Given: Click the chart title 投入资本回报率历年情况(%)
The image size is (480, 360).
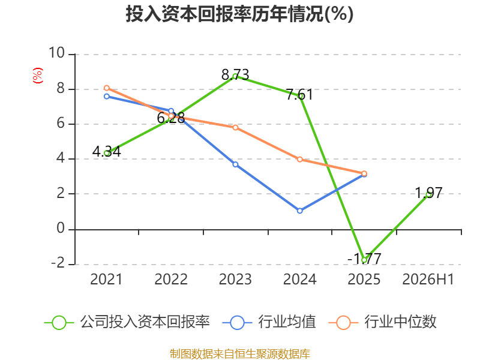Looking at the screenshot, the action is tap(239, 14).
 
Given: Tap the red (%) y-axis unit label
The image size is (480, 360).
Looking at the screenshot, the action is tap(38, 76).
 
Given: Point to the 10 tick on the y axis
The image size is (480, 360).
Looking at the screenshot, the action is tap(56, 53).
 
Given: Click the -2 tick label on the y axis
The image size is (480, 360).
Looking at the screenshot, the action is tap(58, 263).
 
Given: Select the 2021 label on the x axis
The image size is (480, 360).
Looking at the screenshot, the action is tap(106, 279).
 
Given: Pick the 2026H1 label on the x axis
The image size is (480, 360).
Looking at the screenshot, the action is tap(428, 279).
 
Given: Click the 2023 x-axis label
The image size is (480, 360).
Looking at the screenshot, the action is tap(235, 279).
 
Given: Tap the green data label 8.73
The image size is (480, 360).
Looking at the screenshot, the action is tap(235, 74).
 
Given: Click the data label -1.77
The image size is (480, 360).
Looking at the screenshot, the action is tap(364, 259).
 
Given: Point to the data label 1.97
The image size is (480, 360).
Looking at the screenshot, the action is tap(428, 193).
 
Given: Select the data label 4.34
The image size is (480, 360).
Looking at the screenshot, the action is tap(107, 152).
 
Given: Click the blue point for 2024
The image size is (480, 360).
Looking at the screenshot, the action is tap(299, 211).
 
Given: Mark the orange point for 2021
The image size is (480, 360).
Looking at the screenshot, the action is tap(107, 88).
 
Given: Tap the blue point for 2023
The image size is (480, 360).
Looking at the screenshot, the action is tap(235, 164).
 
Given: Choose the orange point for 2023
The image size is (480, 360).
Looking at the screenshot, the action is tap(235, 127).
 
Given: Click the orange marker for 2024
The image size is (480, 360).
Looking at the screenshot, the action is tap(299, 160).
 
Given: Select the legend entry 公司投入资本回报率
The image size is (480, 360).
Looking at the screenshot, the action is tap(127, 322).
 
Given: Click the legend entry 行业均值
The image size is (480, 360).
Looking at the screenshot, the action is tap(269, 322).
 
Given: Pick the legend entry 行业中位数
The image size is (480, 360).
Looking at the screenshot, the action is tap(382, 322).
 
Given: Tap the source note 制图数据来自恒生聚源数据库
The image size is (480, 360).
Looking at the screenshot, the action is tap(239, 354).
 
